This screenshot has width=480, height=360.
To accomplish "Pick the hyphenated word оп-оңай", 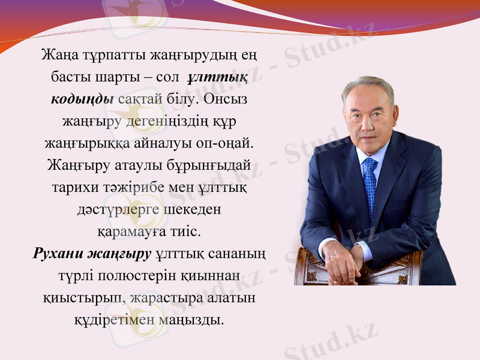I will pyautogui.click(x=229, y=143).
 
